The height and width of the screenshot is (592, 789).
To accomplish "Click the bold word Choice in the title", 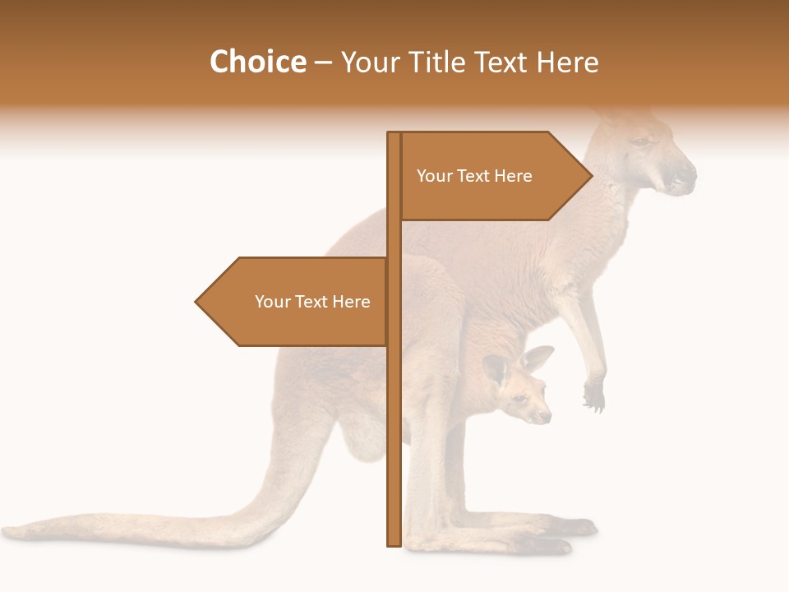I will tap(257, 62).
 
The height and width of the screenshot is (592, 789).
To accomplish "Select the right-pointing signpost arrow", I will tap(493, 176).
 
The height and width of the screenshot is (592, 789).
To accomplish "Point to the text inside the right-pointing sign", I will tap(474, 176).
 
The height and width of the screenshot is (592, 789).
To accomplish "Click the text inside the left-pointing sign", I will tap(312, 302).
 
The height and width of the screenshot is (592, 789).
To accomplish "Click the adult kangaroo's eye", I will tap(639, 142).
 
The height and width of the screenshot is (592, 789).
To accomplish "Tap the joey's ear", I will tap(537, 359).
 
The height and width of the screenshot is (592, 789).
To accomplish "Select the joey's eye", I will tap(520, 399).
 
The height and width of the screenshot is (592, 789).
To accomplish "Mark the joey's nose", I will tap(547, 418).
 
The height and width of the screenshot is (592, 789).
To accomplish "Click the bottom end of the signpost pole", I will tap(394, 542).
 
